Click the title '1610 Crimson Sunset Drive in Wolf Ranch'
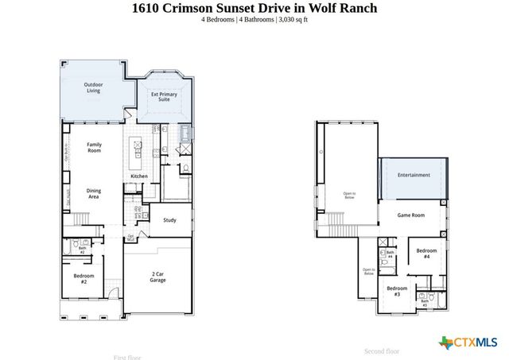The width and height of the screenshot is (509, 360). (254, 8)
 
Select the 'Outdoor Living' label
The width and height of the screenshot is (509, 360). (94, 87)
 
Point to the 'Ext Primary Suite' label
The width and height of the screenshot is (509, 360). (165, 98)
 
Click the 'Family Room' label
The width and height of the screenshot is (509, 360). (94, 147)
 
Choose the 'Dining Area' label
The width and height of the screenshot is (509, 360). (94, 193)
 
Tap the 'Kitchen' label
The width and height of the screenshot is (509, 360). (138, 176)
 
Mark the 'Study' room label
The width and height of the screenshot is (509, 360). (169, 220)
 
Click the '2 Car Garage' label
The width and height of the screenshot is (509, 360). (157, 277)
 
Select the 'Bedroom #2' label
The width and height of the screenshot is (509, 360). (84, 278)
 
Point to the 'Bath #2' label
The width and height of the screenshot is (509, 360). (82, 250)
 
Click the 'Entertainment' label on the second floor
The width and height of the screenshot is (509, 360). (414, 175)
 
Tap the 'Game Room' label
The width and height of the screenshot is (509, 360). (411, 215)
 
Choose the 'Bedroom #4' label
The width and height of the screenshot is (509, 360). (426, 254)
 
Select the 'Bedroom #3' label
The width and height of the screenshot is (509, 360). (396, 291)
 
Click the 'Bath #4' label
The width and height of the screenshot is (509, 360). (390, 255)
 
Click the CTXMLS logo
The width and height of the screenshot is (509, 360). (468, 343)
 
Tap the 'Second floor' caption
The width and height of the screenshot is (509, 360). (381, 350)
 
